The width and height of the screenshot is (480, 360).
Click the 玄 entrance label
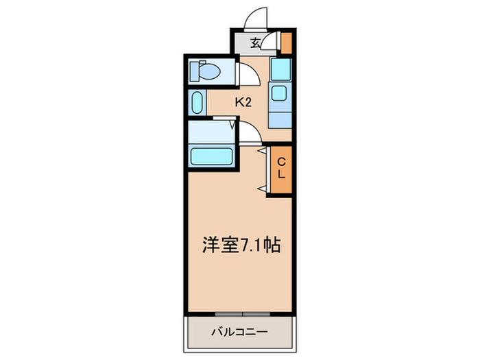[254, 43]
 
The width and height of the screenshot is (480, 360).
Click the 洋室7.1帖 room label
[241, 245]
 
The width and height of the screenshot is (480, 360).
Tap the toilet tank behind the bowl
[193, 70]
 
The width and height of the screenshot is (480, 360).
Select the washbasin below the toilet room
[197, 103]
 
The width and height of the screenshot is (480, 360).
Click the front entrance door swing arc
[257, 17]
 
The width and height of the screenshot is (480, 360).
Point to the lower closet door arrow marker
[261, 187]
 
